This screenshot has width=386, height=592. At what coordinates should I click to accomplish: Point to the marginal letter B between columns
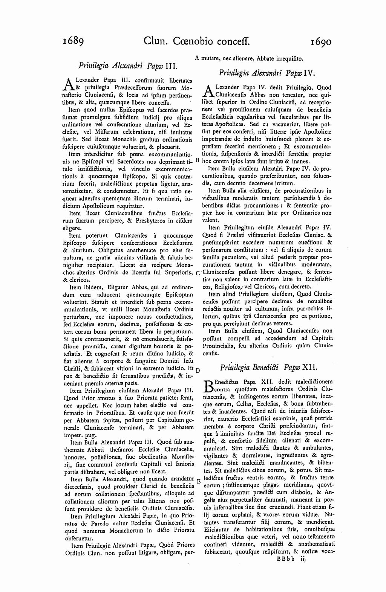[x=198, y=160]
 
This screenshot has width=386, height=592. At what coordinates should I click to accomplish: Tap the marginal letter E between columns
[x=198, y=482]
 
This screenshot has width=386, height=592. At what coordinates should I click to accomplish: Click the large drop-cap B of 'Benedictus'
[x=208, y=386]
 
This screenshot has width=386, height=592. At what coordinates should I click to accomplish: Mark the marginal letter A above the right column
[x=197, y=58]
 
